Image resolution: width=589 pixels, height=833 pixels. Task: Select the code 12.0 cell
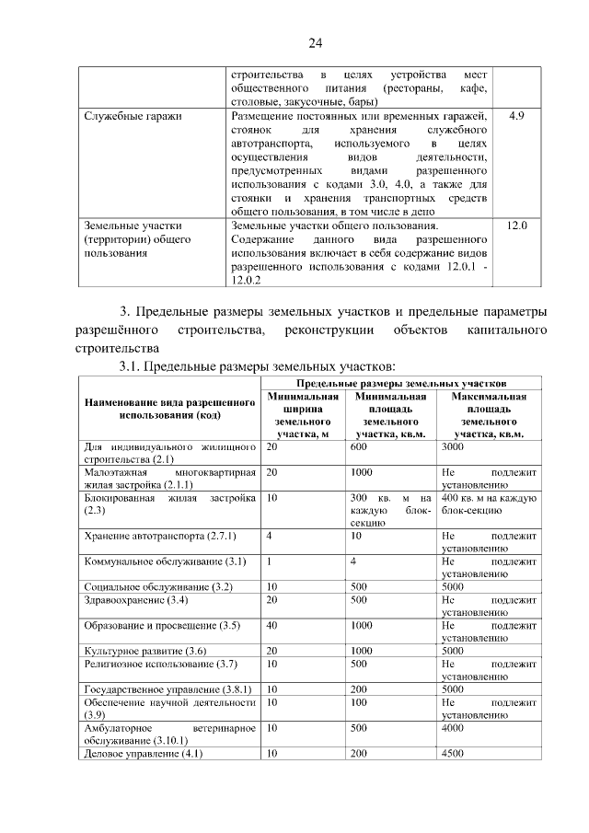(516, 225)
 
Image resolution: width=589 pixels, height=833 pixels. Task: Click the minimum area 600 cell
(359, 446)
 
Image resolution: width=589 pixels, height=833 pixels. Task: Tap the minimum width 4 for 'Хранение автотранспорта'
(269, 535)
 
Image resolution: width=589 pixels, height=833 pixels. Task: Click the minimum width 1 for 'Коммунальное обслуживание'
(269, 561)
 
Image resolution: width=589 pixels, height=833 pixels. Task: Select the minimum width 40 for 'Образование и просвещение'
(272, 625)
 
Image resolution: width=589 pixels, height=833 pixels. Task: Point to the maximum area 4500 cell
(454, 753)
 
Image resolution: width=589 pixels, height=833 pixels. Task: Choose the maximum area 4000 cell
(454, 727)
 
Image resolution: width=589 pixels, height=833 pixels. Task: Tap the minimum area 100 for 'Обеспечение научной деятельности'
(359, 701)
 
